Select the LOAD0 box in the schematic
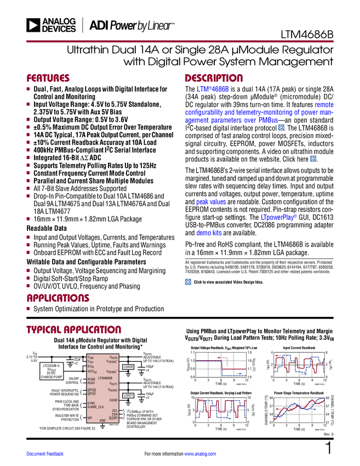(128, 367)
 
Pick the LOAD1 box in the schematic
(128, 395)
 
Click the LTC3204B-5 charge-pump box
(53, 371)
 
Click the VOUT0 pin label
(113, 357)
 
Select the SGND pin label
(113, 400)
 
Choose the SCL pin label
(115, 410)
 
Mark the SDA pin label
(115, 414)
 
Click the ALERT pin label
(113, 418)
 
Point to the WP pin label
(90, 418)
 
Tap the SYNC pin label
(92, 404)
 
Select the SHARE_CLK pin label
(96, 407)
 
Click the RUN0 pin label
(92, 379)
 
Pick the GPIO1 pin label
(92, 394)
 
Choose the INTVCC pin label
(92, 372)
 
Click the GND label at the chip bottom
(102, 420)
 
